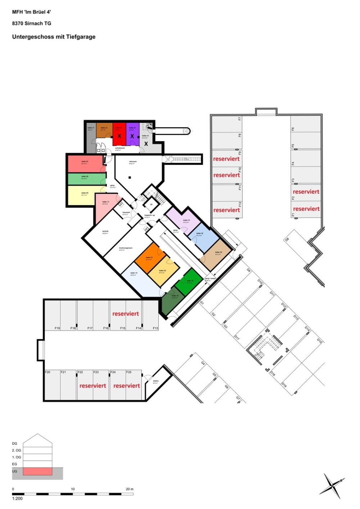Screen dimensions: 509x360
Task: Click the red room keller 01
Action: (86, 164)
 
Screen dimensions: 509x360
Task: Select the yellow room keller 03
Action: (85, 195)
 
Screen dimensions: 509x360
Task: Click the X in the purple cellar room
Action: (132, 136)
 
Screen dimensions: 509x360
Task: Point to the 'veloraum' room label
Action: (132, 162)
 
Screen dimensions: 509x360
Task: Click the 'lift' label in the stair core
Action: (151, 204)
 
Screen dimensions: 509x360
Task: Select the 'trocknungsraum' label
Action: (126, 248)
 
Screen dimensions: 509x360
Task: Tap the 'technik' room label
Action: (105, 231)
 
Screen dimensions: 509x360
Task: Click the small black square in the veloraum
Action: (130, 177)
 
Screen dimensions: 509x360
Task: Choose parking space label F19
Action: (57, 328)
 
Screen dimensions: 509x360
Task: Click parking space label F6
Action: (293, 129)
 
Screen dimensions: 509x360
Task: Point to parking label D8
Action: (287, 240)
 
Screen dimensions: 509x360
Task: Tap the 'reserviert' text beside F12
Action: (226, 210)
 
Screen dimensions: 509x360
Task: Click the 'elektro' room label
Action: (156, 381)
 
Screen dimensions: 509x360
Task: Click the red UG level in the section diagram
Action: (37, 471)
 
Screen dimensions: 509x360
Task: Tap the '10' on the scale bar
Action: (73, 489)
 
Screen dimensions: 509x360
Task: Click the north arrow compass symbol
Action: (332, 485)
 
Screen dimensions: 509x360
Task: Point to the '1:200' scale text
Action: (17, 499)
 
